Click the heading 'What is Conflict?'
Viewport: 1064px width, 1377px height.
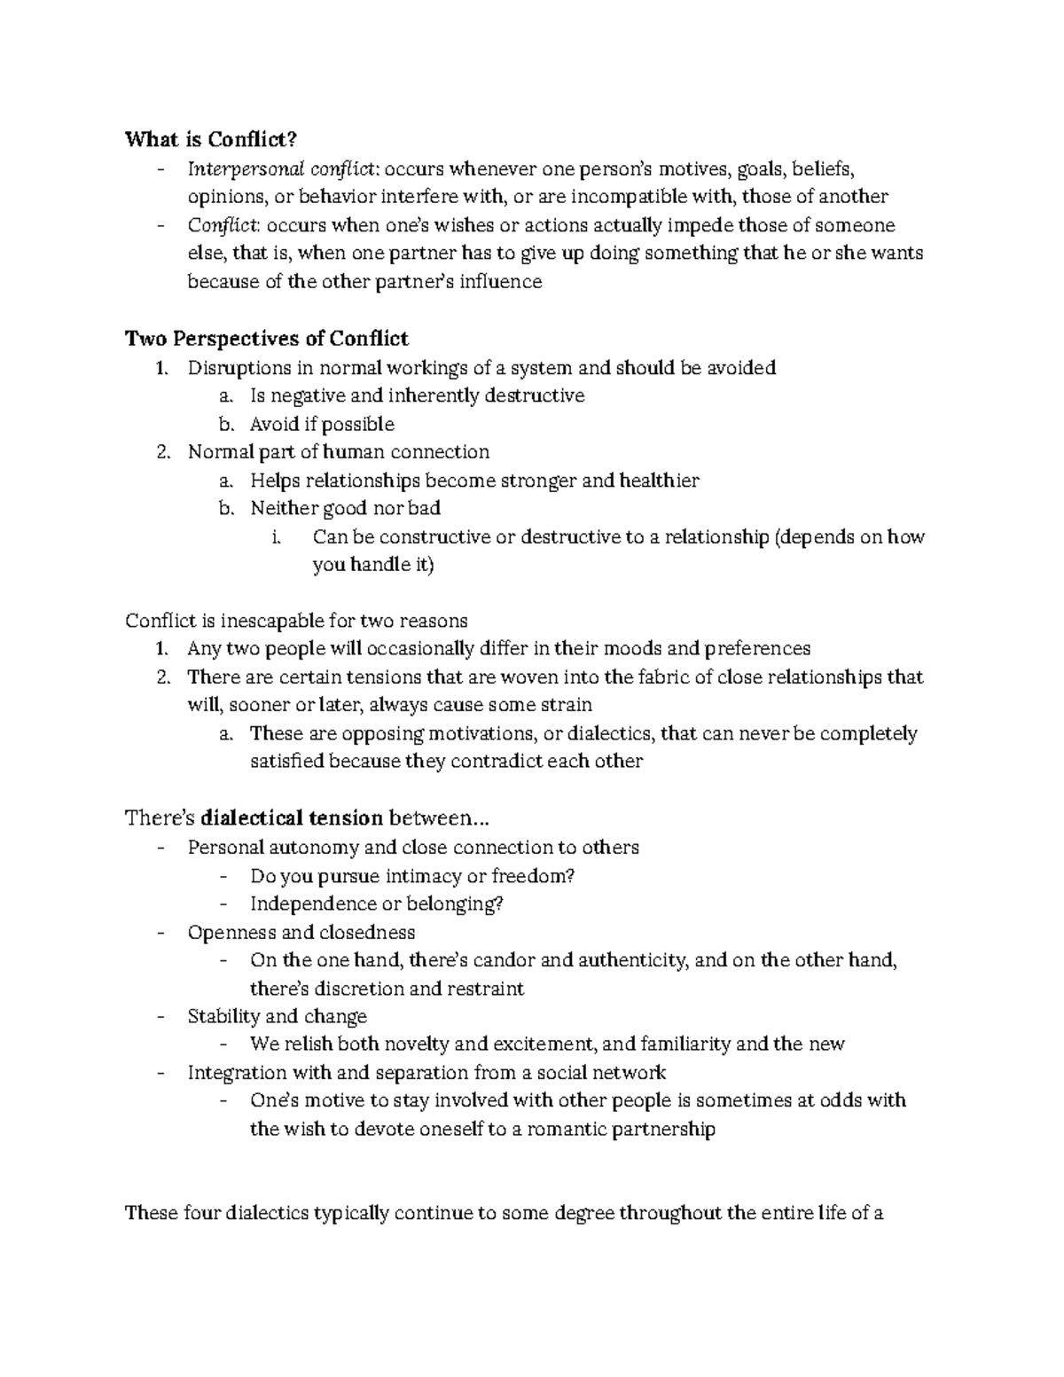pyautogui.click(x=211, y=139)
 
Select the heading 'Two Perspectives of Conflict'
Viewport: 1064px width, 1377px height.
pyautogui.click(x=267, y=339)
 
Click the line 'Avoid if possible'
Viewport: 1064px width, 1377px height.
pyautogui.click(x=322, y=424)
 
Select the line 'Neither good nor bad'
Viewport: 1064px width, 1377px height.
pyautogui.click(x=345, y=508)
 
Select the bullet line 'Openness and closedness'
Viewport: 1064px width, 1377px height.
pyautogui.click(x=301, y=932)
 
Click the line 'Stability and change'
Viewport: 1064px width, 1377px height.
pyautogui.click(x=277, y=1016)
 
